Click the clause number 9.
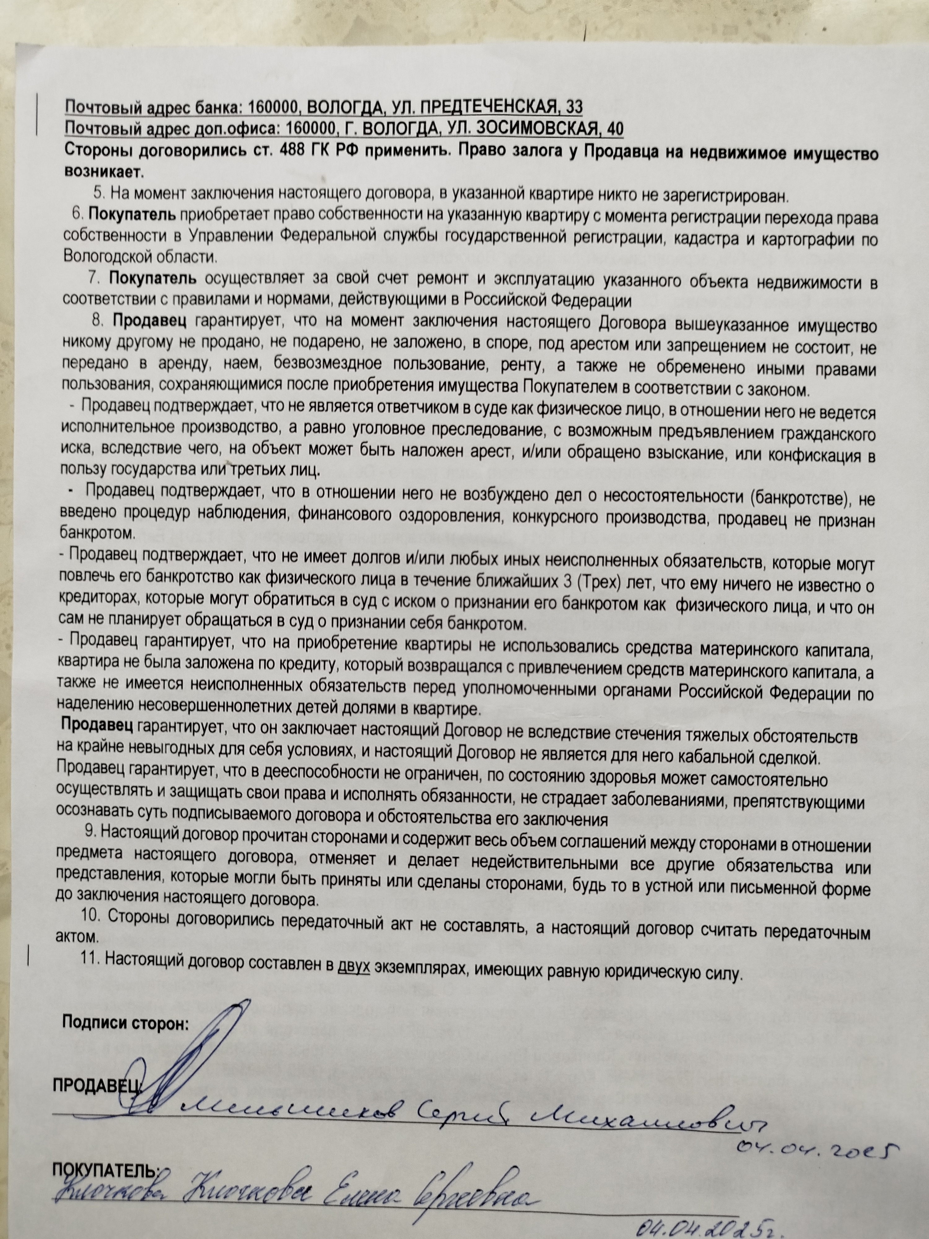click(x=89, y=815)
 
